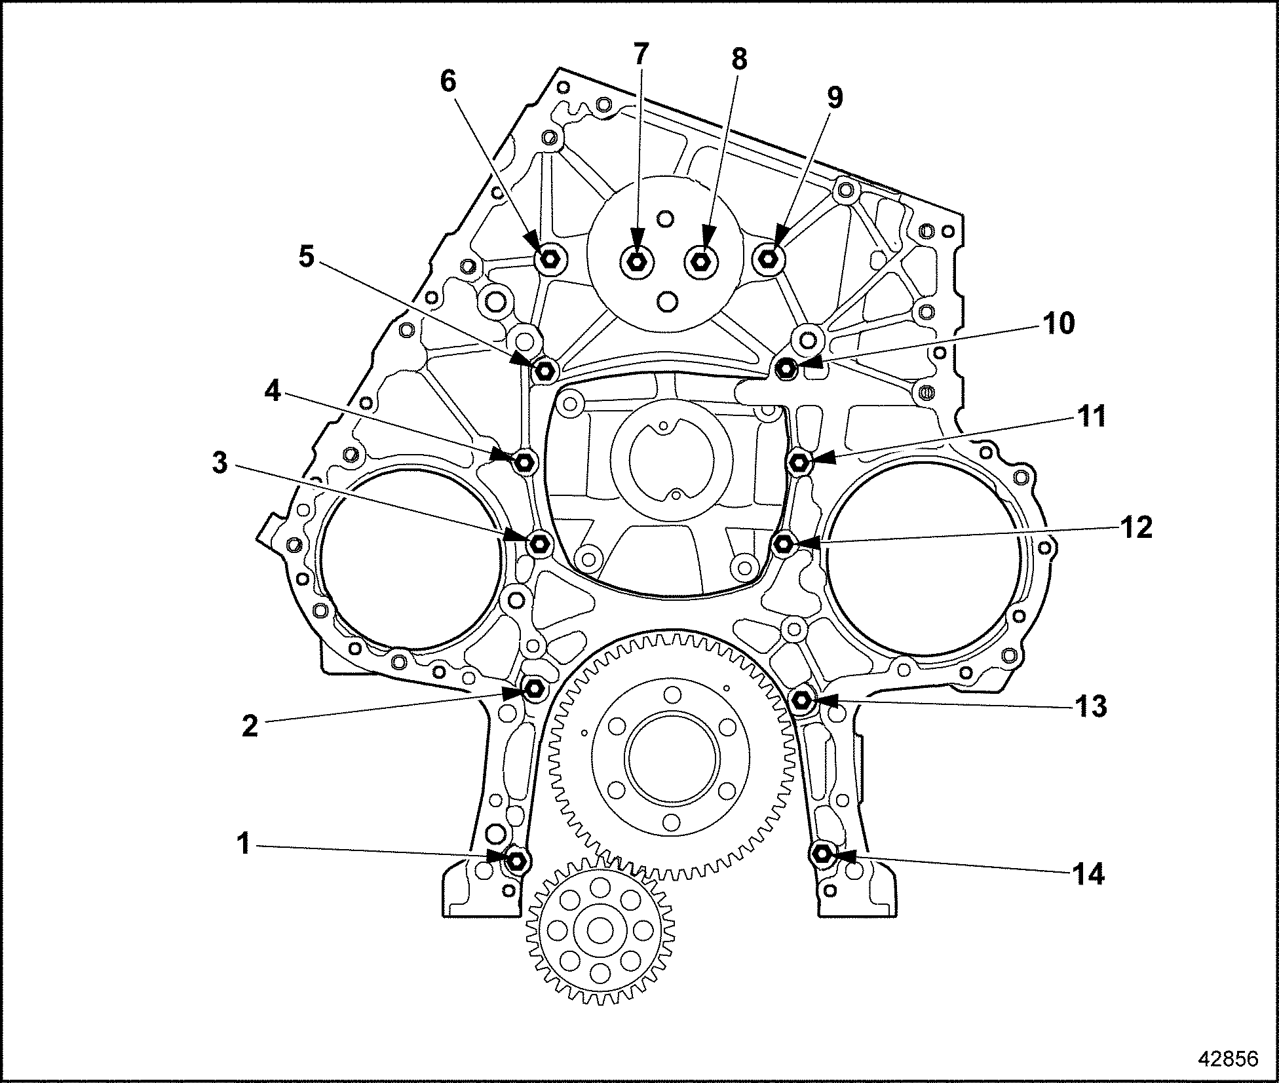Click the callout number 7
(639, 56)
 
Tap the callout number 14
(1088, 875)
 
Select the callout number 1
(244, 845)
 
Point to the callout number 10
(1058, 323)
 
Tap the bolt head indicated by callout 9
(769, 260)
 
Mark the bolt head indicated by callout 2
(534, 689)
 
